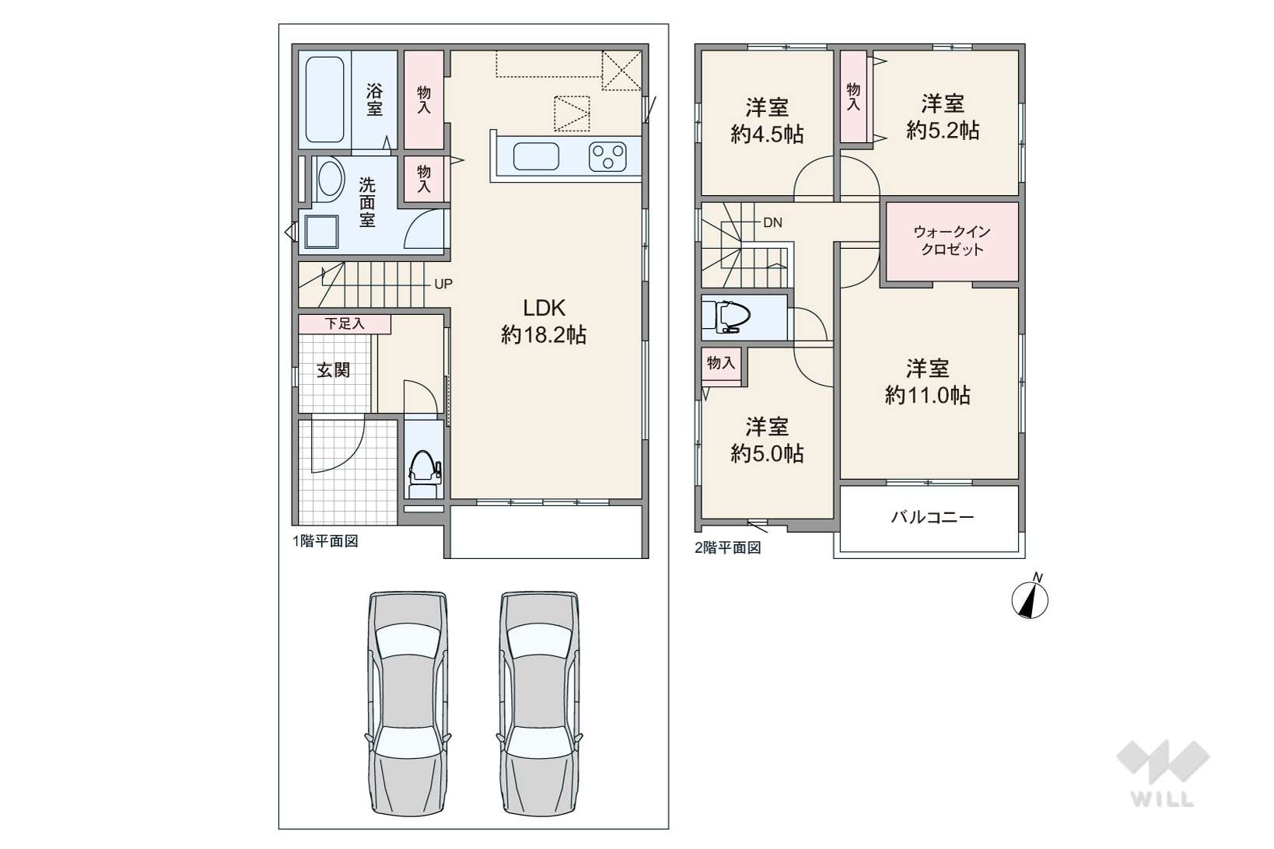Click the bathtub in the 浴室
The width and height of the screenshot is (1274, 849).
coord(325,100)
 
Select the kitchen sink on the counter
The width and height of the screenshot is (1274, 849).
coord(536,156)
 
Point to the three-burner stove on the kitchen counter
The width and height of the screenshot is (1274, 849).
coord(607,156)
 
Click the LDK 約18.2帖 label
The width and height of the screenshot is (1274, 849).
coord(544,321)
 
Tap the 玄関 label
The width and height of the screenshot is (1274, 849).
coord(334,370)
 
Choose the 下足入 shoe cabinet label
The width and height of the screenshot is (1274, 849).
coord(345,323)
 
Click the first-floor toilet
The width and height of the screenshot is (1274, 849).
coord(425,473)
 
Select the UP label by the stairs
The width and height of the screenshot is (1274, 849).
coord(443,284)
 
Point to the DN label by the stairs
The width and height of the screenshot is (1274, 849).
coord(772,223)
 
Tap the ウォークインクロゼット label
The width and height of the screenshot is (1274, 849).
coord(952,240)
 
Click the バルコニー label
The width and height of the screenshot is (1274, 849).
coord(933,517)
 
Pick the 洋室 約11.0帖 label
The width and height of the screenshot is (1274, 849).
coord(928,382)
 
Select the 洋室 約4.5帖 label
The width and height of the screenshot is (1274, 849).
coord(767,121)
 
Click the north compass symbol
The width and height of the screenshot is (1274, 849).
coord(1030,597)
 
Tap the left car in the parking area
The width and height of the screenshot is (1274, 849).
coord(408,703)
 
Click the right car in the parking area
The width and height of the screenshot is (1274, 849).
coord(539,703)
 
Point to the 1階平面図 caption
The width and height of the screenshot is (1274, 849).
coord(325,541)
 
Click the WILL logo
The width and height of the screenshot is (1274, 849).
coord(1163,772)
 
